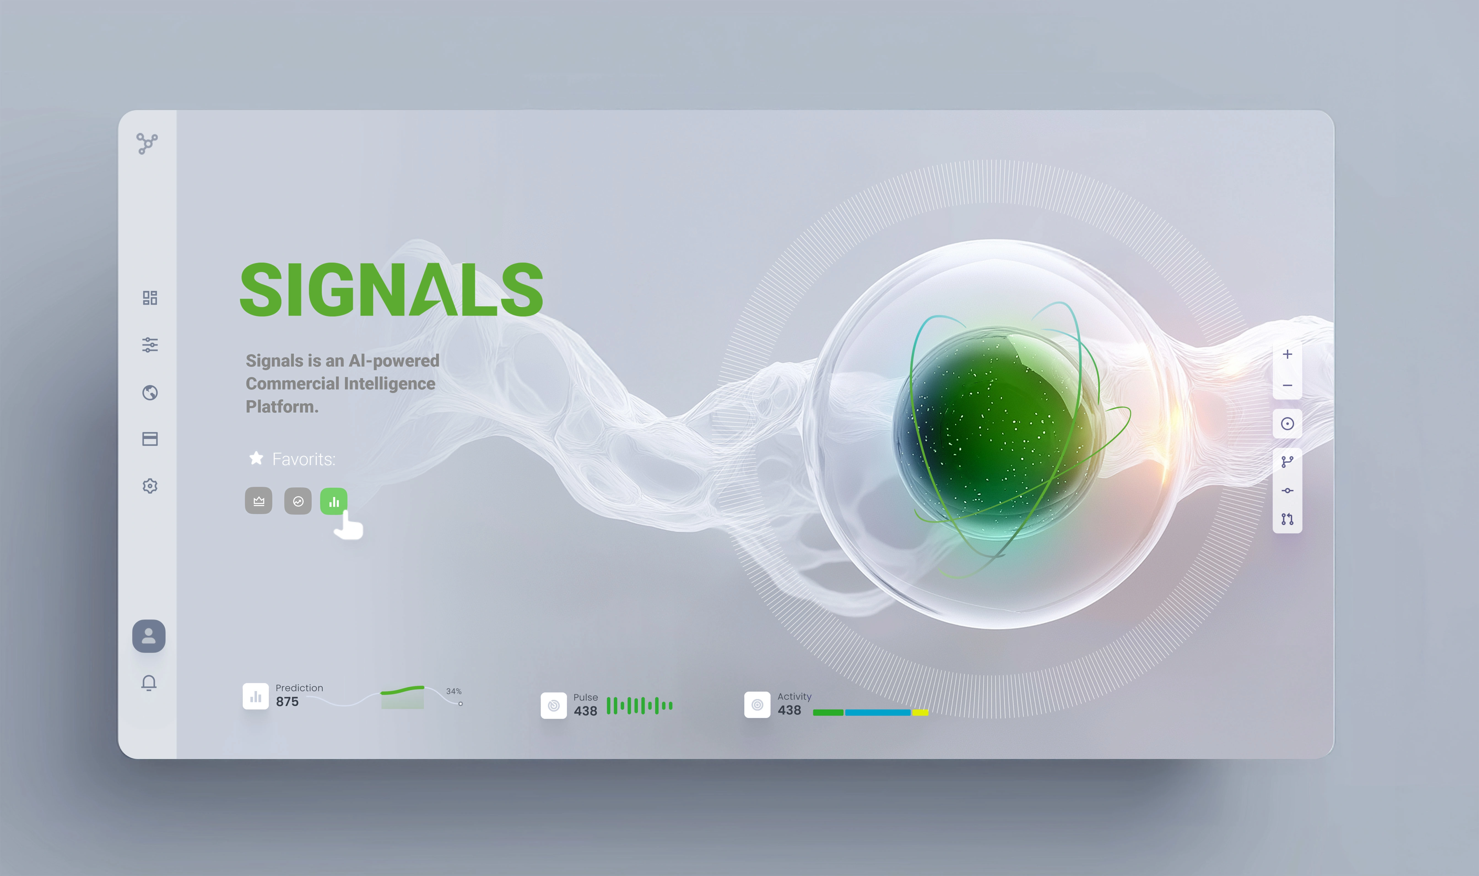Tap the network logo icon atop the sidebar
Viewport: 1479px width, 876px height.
(x=147, y=143)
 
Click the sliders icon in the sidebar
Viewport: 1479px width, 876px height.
(x=150, y=345)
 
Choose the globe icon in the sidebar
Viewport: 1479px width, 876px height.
(x=150, y=392)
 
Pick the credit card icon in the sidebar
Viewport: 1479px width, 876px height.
(x=150, y=439)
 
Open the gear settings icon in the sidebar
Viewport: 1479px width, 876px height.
(x=150, y=486)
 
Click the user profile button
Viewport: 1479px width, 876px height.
(x=149, y=636)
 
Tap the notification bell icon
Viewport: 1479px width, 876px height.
(x=149, y=683)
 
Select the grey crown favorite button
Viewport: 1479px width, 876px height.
(x=259, y=501)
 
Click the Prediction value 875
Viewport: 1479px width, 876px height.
(x=287, y=702)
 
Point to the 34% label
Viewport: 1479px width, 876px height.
(x=454, y=691)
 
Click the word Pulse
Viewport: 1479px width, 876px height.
(x=585, y=697)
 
